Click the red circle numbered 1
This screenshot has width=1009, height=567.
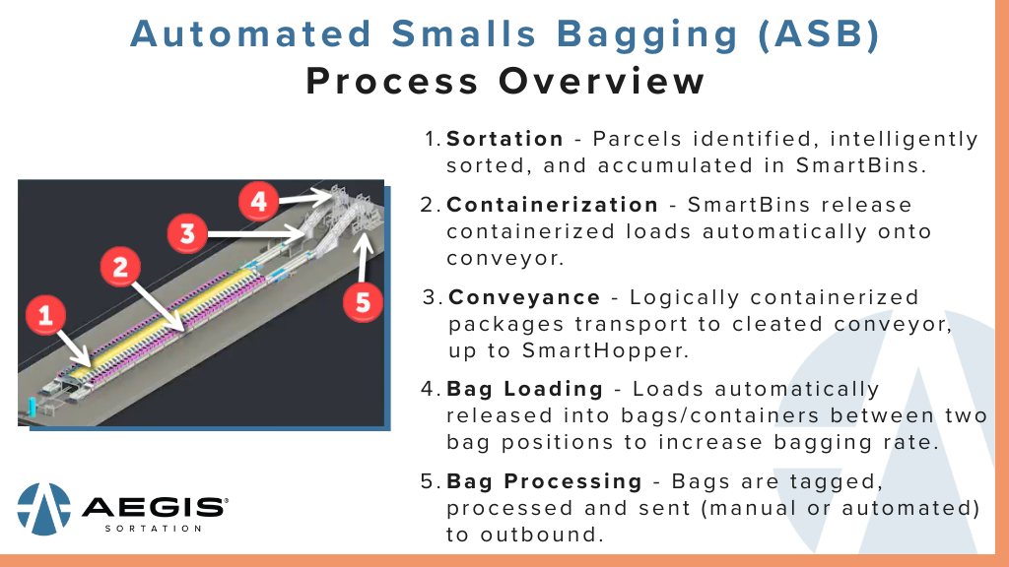[44, 316]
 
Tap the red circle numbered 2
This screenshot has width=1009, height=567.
[120, 266]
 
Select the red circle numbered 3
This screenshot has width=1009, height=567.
[185, 234]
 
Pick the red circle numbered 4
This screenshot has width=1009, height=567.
[258, 201]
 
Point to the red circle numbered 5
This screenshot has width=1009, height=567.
[363, 301]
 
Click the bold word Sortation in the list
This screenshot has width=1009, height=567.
[504, 139]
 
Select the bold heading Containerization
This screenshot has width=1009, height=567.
[552, 205]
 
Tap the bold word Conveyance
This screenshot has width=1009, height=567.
[524, 297]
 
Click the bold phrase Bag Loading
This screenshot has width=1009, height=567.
[525, 389]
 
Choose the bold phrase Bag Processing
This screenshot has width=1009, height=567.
[544, 481]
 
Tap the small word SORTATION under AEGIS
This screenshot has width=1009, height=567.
[153, 529]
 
